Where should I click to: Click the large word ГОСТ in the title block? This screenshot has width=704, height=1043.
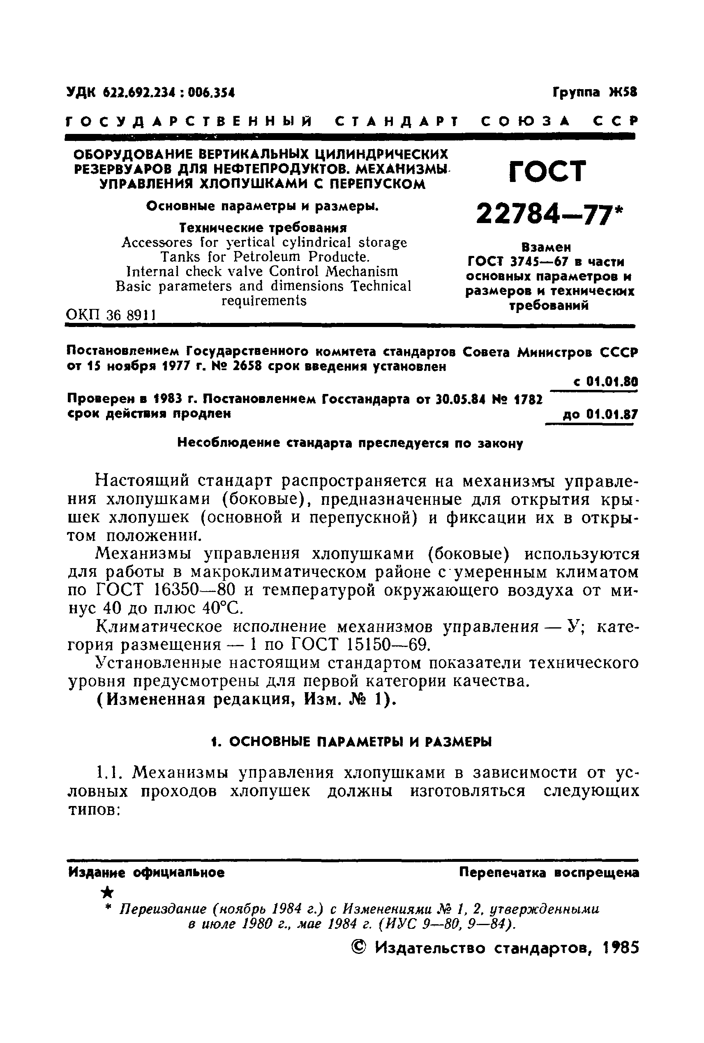[x=548, y=171]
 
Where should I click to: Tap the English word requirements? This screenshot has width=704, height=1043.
[x=264, y=300]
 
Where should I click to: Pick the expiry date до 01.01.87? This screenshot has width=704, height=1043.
[x=600, y=414]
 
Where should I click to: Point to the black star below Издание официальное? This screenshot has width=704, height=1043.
[x=107, y=892]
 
